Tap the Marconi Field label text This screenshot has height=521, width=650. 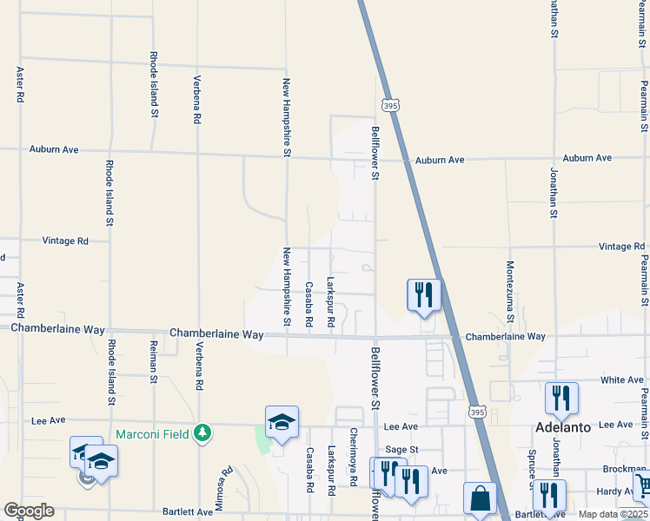pyautogui.click(x=153, y=432)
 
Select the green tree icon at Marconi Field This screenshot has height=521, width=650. pyautogui.click(x=202, y=432)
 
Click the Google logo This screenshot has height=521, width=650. pyautogui.click(x=29, y=511)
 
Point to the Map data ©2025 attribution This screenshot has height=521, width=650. pyautogui.click(x=613, y=514)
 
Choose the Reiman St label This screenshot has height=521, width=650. pyautogui.click(x=153, y=362)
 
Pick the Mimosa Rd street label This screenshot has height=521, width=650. pyautogui.click(x=225, y=489)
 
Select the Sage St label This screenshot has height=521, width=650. pyautogui.click(x=402, y=449)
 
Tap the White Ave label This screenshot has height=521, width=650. pyautogui.click(x=622, y=380)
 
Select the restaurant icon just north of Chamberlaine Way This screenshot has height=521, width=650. pyautogui.click(x=424, y=294)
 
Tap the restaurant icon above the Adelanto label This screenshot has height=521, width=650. pyautogui.click(x=561, y=399)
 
